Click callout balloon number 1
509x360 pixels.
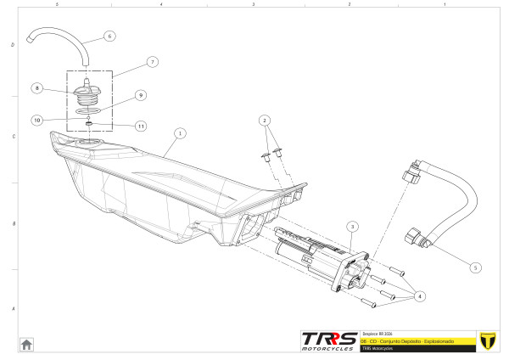pyautogui.click(x=179, y=133)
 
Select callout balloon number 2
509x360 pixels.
pyautogui.click(x=265, y=120)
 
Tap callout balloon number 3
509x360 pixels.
pyautogui.click(x=353, y=227)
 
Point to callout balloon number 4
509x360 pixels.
pyautogui.click(x=422, y=296)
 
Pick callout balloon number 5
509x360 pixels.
pyautogui.click(x=475, y=267)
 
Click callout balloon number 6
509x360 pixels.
pyautogui.click(x=109, y=37)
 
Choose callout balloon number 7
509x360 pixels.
pyautogui.click(x=152, y=62)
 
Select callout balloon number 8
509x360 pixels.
pyautogui.click(x=37, y=87)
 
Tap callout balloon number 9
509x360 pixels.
pyautogui.click(x=141, y=95)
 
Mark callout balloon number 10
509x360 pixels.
pyautogui.click(x=37, y=120)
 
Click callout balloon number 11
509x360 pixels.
pyautogui.click(x=141, y=127)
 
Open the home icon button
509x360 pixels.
pyautogui.click(x=26, y=344)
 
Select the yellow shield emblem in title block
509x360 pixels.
pyautogui.click(x=487, y=340)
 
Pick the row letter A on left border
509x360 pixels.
pyautogui.click(x=12, y=309)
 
